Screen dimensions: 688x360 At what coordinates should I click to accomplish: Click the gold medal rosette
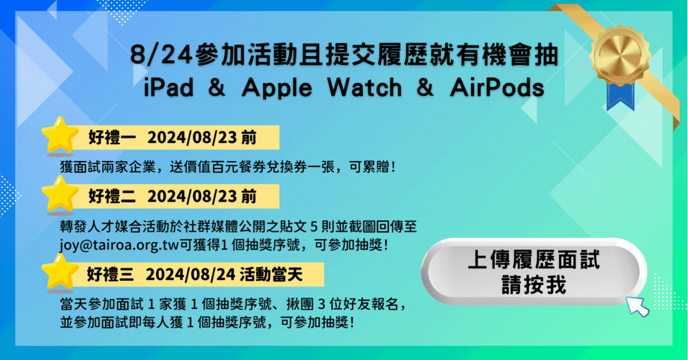(x=620, y=55)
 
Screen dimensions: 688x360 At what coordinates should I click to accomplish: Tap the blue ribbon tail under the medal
(x=620, y=96)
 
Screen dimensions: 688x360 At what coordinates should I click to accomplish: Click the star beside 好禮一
(x=60, y=135)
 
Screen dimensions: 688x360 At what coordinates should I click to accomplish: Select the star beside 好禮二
(x=60, y=194)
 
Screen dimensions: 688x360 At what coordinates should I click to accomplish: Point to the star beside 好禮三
(x=60, y=272)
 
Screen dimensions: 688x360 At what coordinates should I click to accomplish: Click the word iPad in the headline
(x=169, y=88)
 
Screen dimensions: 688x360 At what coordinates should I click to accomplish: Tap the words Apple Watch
(x=322, y=88)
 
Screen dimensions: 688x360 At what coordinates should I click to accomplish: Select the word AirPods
(x=497, y=88)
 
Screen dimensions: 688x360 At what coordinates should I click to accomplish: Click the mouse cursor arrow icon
(x=637, y=306)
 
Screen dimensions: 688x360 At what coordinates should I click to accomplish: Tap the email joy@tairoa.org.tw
(x=119, y=245)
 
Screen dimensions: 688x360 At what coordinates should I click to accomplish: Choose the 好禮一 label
(x=112, y=138)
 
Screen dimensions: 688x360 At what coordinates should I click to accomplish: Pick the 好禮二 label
(x=112, y=196)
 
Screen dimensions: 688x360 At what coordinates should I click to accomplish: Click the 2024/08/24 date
(x=190, y=275)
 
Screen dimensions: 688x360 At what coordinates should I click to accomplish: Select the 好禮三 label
(x=111, y=275)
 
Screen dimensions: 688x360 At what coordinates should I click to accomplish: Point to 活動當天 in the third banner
(x=271, y=275)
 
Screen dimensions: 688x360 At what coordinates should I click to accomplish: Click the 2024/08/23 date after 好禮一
(x=192, y=138)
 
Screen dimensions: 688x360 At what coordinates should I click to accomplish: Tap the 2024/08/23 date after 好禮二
(x=192, y=196)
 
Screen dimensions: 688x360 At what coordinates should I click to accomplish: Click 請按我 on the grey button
(x=534, y=285)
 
